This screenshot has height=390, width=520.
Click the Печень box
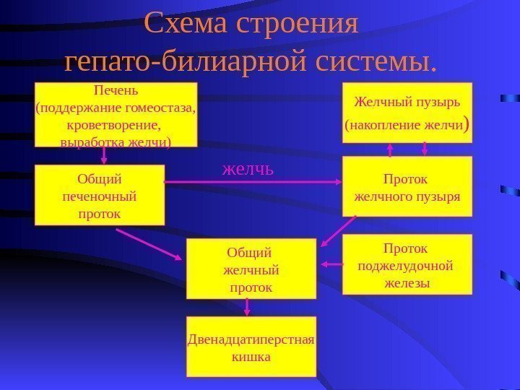[x=116, y=115]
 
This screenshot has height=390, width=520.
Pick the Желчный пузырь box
[x=406, y=113]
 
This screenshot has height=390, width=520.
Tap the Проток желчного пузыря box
[x=407, y=186]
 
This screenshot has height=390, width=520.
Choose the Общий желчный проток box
[x=251, y=269]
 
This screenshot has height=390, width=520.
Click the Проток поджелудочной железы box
[x=407, y=264]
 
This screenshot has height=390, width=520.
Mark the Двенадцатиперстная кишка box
[x=251, y=347]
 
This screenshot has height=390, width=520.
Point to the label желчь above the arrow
[x=248, y=170]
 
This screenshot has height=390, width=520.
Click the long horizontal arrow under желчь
[x=253, y=183]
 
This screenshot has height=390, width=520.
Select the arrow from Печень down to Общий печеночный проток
[x=105, y=155]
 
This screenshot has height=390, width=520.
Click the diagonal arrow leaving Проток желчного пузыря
[x=338, y=231]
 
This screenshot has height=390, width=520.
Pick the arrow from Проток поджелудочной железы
[x=331, y=264]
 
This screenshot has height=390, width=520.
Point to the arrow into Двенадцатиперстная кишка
[x=247, y=308]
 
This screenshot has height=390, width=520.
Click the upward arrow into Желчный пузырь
[x=391, y=149]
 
